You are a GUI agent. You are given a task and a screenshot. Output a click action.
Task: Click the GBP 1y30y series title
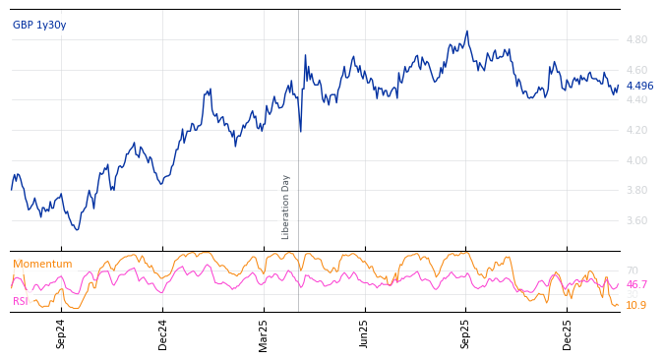point(39,26)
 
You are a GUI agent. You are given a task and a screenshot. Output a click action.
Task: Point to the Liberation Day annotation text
point(286,207)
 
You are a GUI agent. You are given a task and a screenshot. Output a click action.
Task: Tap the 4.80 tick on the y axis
point(636,40)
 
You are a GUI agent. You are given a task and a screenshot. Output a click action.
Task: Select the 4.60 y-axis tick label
point(636,70)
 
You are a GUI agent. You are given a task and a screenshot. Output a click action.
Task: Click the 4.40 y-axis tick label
point(636,100)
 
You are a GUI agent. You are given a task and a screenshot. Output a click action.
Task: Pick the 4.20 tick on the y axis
point(636,131)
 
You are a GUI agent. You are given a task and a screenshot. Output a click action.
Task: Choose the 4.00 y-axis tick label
point(636,160)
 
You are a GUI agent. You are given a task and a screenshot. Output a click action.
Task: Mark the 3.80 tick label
point(636,191)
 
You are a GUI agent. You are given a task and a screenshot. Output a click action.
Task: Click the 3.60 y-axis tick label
point(636,221)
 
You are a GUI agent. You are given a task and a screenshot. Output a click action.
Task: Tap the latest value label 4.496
point(639,87)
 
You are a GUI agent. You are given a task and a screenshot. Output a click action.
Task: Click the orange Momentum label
point(42,265)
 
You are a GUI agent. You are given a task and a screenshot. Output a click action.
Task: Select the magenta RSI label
point(21,302)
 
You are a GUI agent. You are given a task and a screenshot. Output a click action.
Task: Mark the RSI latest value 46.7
point(636,285)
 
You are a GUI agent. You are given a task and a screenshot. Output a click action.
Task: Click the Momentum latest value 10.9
point(636,306)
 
